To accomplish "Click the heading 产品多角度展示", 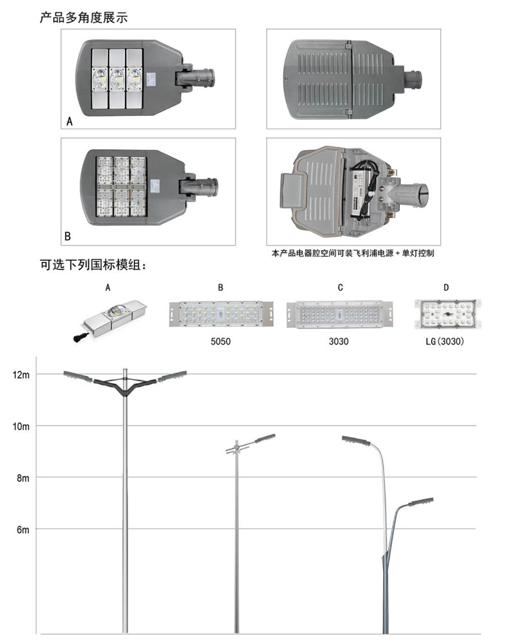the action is pyautogui.click(x=84, y=17).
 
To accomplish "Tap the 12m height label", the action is pyautogui.click(x=21, y=375).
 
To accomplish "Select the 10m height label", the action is pyautogui.click(x=21, y=426).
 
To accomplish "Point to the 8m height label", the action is pyautogui.click(x=23, y=478).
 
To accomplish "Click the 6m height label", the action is pyautogui.click(x=23, y=530).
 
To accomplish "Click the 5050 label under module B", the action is pyautogui.click(x=221, y=341).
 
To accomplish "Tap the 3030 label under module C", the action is pyautogui.click(x=339, y=341).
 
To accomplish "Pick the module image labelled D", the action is pyautogui.click(x=447, y=314).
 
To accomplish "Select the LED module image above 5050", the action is pyautogui.click(x=221, y=314).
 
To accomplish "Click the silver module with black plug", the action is pyautogui.click(x=110, y=319).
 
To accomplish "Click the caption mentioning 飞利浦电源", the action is pyautogui.click(x=352, y=253).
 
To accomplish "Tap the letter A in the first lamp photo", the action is pyautogui.click(x=70, y=121).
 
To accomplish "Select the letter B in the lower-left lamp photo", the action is pyautogui.click(x=68, y=236).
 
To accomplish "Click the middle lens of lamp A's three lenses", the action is pyautogui.click(x=117, y=78).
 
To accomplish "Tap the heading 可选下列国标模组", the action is pyautogui.click(x=93, y=265).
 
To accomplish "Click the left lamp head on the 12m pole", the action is pyautogui.click(x=78, y=376).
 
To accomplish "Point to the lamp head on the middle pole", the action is pyautogui.click(x=265, y=438).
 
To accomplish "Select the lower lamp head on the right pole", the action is pyautogui.click(x=420, y=502).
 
